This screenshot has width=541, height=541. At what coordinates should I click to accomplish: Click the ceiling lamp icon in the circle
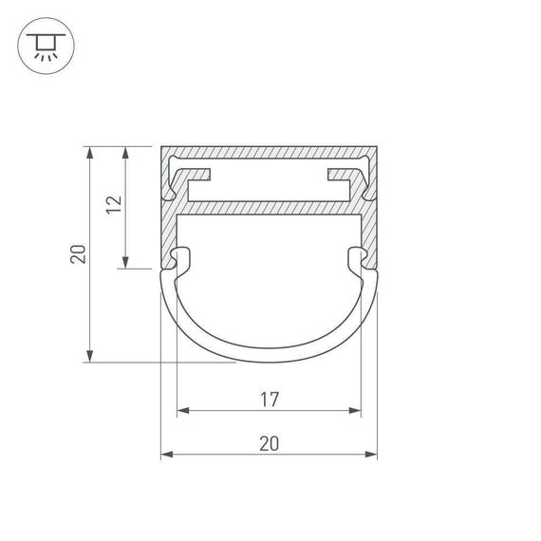(x=44, y=46)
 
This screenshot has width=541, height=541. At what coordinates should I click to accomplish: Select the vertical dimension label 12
(x=114, y=206)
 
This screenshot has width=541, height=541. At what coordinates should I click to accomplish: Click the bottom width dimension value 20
(x=269, y=444)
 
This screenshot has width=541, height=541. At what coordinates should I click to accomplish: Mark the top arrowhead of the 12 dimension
(x=126, y=152)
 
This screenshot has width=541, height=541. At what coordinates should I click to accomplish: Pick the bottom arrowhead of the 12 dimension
(x=126, y=263)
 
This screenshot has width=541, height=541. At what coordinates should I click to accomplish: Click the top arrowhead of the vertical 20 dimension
(x=89, y=152)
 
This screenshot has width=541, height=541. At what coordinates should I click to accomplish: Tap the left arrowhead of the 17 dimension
(x=182, y=412)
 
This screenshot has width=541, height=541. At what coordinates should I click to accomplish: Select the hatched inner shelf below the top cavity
(x=269, y=206)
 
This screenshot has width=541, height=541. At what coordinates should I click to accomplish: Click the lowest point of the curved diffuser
(x=269, y=359)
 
